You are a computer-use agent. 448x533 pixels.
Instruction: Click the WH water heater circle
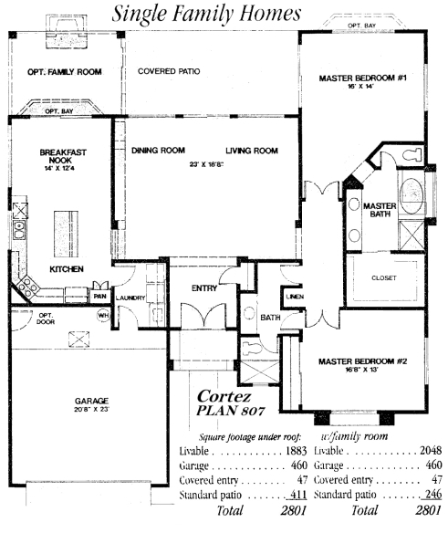pos(103,315)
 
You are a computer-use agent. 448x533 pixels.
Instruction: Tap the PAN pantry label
pos(99,297)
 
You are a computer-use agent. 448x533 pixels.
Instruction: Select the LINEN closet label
pos(295,297)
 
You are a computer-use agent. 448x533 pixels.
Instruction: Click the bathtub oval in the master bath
pos(412,196)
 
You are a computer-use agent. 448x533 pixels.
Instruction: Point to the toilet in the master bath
pos(412,154)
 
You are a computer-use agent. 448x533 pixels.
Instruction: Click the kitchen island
pos(66,235)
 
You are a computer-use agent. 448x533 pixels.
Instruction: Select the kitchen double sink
pos(19,230)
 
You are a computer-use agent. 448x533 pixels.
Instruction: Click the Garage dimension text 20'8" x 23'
pos(91,409)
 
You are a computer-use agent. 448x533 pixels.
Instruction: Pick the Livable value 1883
pos(296,451)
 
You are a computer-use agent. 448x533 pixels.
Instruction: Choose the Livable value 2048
pos(431,450)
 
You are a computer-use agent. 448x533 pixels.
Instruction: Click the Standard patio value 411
pos(298,495)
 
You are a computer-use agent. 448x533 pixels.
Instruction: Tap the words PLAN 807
pos(231,411)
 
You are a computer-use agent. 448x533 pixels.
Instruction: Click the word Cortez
pos(224,396)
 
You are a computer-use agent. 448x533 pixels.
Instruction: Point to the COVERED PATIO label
pos(169,71)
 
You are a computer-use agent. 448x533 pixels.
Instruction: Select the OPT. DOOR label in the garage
pos(46,319)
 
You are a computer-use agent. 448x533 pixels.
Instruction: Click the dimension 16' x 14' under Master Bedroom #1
pos(360,87)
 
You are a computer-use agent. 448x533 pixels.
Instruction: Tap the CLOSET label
pos(384,278)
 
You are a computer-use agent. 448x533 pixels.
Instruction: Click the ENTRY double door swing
pos(203,315)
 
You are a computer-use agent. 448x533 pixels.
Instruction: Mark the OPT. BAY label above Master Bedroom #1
pos(361,26)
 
